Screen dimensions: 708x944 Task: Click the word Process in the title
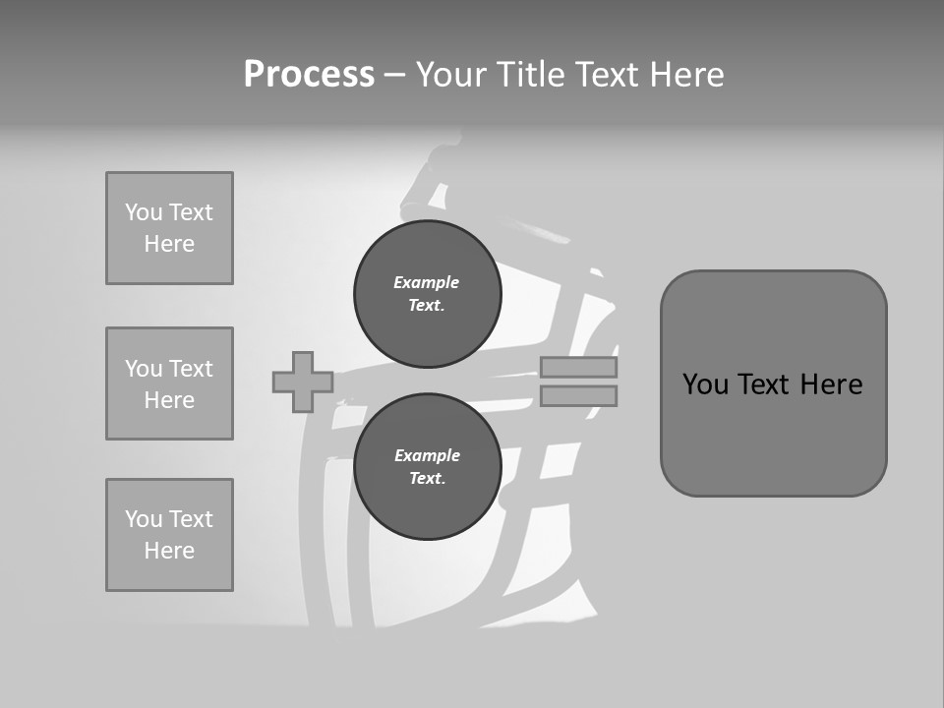tap(309, 75)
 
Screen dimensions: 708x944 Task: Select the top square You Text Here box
tap(169, 228)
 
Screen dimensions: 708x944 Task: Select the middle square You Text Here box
tap(169, 383)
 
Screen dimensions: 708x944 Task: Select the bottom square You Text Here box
tap(169, 535)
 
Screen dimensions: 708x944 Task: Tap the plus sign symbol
tap(302, 382)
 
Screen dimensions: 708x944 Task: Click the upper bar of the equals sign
tap(578, 368)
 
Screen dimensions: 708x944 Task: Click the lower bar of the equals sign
tap(578, 395)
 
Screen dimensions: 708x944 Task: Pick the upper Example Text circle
tap(427, 294)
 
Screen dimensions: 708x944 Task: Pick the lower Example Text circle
tap(427, 467)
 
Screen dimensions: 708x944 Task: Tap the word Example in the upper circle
tap(426, 283)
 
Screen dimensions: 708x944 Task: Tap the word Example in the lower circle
tap(426, 456)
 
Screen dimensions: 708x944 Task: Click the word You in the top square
tap(144, 212)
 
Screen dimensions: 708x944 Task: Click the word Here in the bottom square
tap(169, 551)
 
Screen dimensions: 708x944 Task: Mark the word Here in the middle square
tap(169, 400)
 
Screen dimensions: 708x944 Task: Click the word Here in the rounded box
tap(831, 384)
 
